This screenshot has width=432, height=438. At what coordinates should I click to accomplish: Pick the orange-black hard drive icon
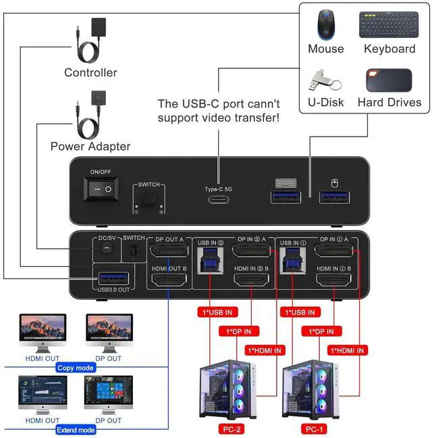[x=389, y=80]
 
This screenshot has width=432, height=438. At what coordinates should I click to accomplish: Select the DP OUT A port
[x=169, y=252]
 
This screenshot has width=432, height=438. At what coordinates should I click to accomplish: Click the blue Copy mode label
[x=76, y=368]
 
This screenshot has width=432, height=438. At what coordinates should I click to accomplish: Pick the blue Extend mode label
[x=76, y=429]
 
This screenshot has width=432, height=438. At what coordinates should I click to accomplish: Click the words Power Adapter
[x=90, y=146]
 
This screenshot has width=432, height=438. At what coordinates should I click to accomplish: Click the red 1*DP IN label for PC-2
[x=238, y=331]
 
